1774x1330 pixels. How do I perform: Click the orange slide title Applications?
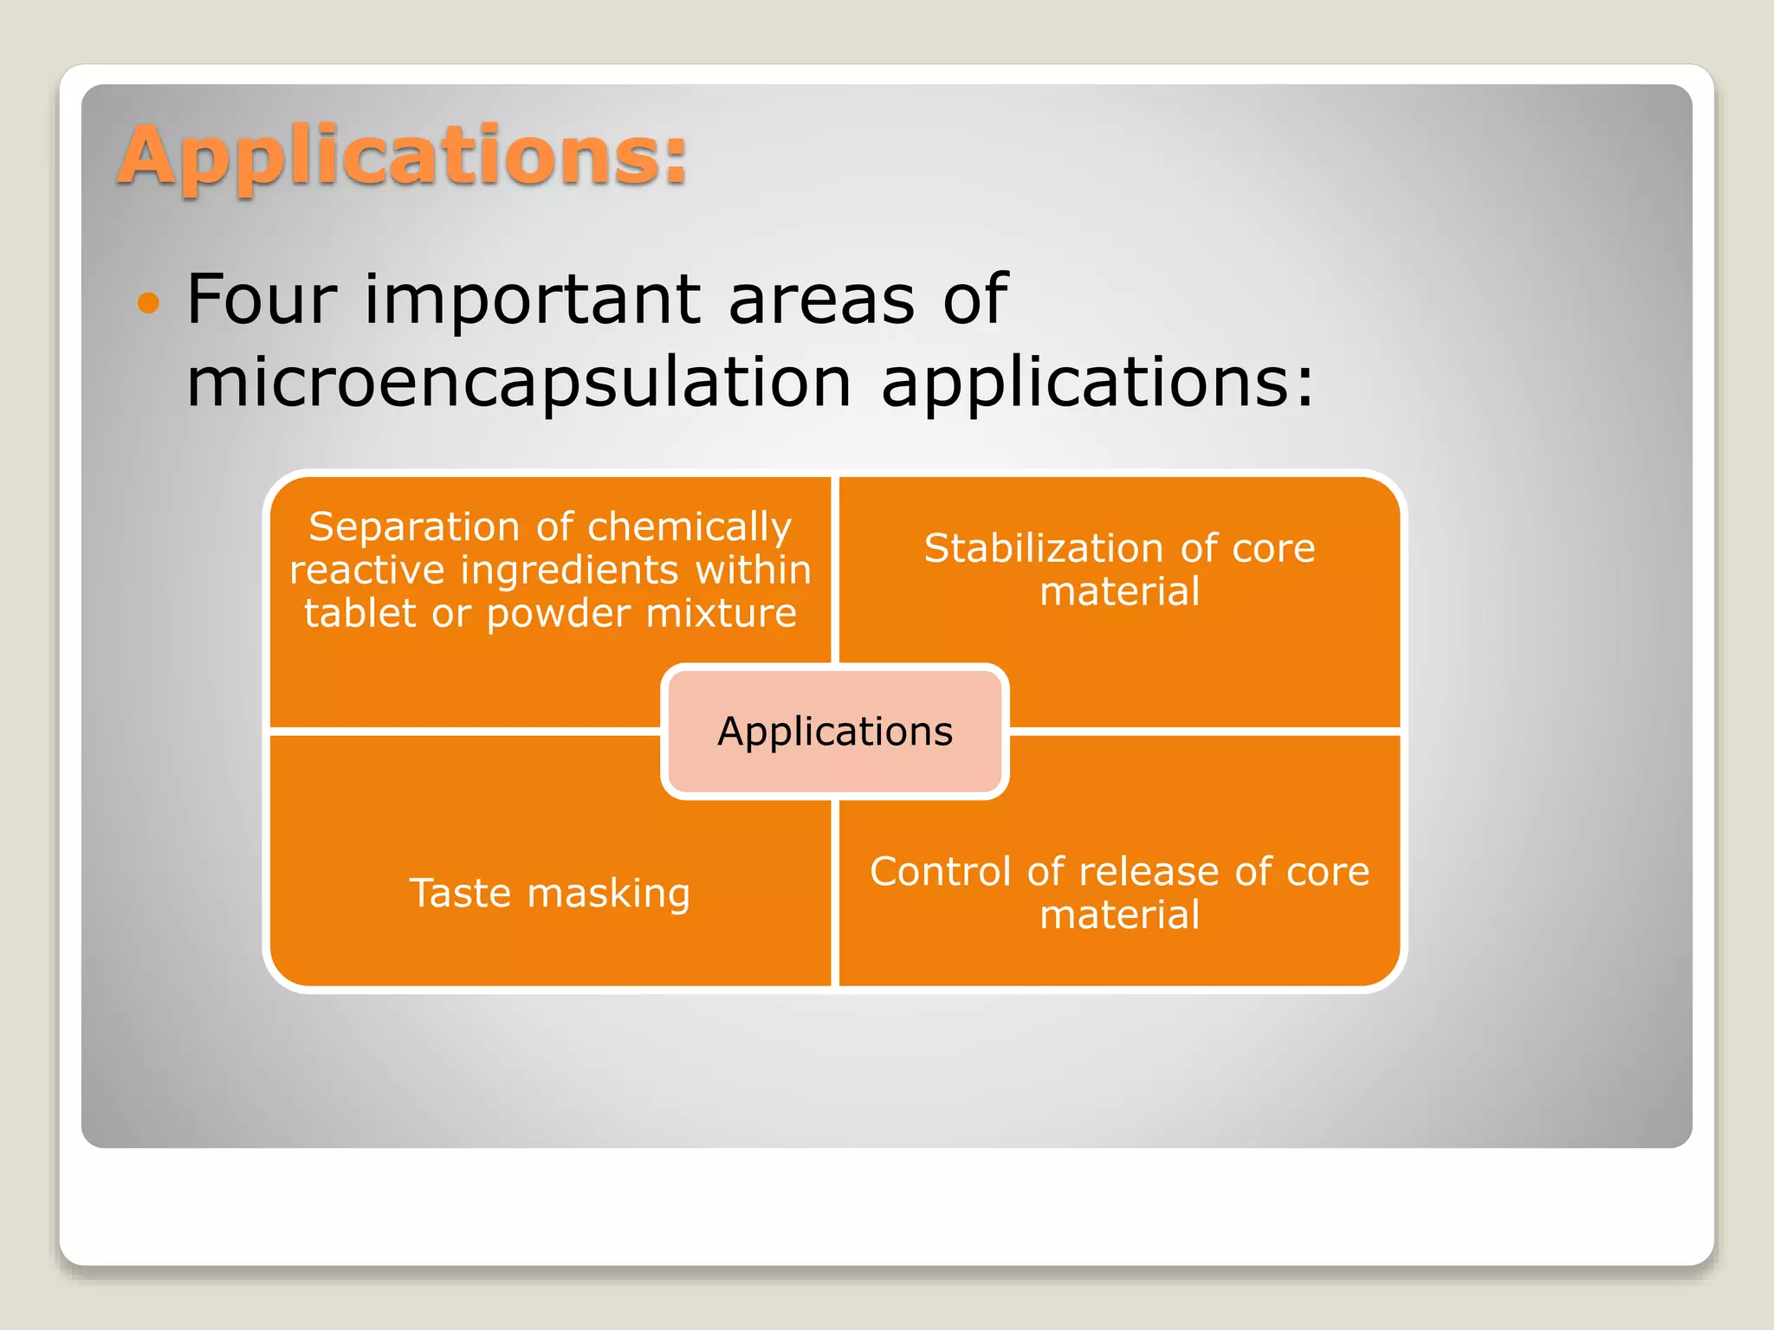coord(403,156)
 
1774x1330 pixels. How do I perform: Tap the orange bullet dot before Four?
coord(149,303)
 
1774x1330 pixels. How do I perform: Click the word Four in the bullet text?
coord(261,299)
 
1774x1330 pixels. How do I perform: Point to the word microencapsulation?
coord(518,383)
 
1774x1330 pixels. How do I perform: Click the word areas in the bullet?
coord(821,300)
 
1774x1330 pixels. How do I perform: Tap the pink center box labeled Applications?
coord(834,732)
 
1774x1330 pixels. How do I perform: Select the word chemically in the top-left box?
coord(689,528)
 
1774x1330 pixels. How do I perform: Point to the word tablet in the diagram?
coord(360,613)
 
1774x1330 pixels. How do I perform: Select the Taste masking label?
coord(549,893)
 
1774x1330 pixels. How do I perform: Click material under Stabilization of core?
coord(1119,592)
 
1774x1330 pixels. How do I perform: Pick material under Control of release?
coord(1119,915)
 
